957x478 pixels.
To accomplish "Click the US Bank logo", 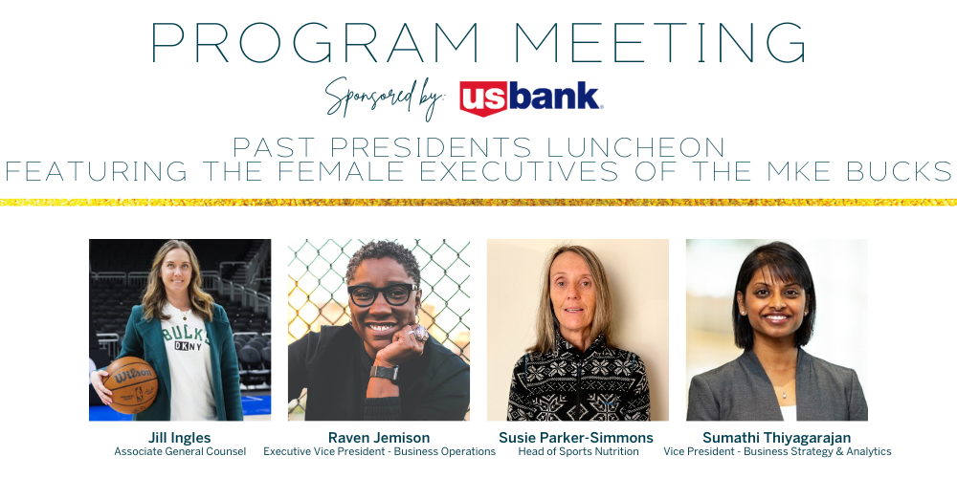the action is [x=531, y=98].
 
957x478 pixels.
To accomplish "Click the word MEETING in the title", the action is [x=659, y=43].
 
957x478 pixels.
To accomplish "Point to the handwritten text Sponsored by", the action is [x=387, y=98].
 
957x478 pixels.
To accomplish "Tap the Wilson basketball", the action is [x=130, y=384].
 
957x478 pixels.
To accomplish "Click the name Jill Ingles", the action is [x=180, y=438].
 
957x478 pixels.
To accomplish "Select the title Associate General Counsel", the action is [x=180, y=452].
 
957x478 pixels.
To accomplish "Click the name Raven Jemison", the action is [x=379, y=438].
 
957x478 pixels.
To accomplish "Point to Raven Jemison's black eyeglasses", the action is [x=383, y=294].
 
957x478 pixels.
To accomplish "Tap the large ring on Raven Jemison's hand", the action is [x=421, y=333].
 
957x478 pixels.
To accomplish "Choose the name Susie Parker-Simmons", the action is [x=576, y=438].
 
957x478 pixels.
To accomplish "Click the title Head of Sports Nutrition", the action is [x=579, y=452].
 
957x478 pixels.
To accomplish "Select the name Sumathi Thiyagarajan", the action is [x=776, y=438].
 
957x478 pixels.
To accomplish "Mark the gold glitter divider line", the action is [x=478, y=202].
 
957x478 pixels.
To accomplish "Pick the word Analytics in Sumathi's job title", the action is [x=869, y=452].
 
